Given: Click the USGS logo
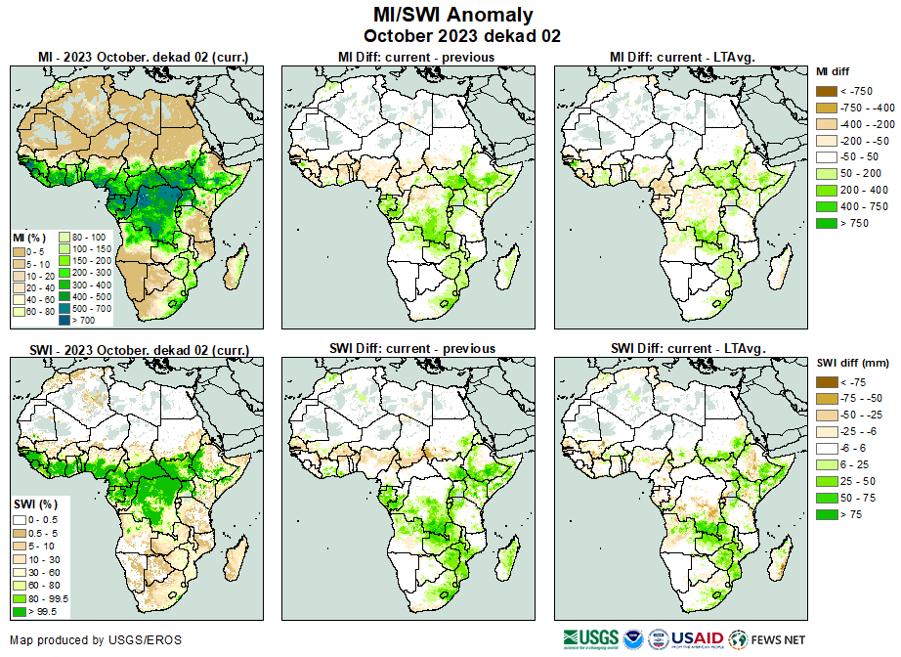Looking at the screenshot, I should click(590, 638).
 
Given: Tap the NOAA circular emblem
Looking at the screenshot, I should click(633, 638).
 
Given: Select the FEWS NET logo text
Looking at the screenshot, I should click(780, 638).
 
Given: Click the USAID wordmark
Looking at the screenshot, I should click(695, 638).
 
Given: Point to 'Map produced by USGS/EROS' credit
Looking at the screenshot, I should click(96, 640).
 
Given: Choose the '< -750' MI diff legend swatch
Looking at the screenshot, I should click(826, 91).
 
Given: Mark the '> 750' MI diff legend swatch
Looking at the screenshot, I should click(826, 223).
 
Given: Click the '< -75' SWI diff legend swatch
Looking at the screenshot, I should click(826, 382).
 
